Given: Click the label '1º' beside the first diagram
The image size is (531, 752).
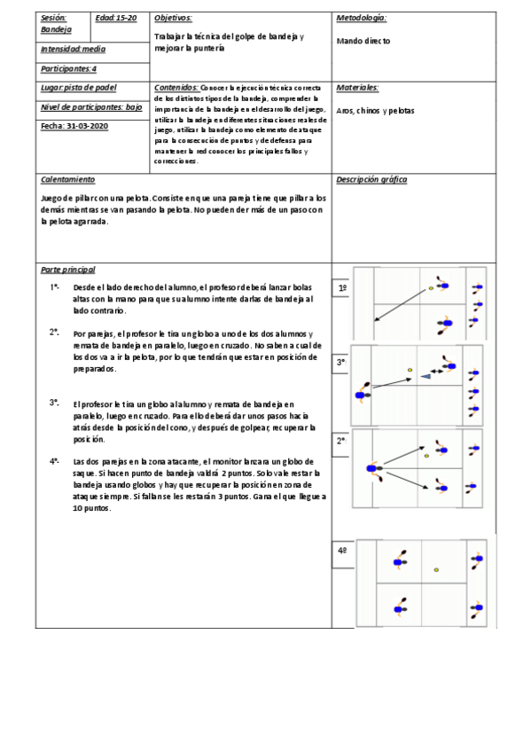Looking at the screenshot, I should click(342, 288).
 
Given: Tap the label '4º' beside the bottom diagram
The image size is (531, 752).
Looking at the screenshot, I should click(342, 551).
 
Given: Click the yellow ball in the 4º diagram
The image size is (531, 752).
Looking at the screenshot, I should click(436, 569).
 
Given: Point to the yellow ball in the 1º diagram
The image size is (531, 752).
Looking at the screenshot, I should click(432, 288).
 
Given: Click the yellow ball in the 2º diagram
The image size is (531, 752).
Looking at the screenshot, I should click(426, 456).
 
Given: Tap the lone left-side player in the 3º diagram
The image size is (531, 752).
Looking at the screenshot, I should click(362, 396).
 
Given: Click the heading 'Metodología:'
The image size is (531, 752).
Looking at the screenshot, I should click(362, 18).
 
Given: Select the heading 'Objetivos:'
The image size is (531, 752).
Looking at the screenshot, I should click(173, 18).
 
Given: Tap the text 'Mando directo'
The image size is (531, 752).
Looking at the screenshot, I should click(363, 41).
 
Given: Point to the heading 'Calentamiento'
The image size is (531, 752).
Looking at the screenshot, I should click(67, 179).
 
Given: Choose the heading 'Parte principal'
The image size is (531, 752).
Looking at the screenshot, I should click(68, 270).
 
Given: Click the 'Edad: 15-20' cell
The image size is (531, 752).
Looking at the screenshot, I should click(115, 18).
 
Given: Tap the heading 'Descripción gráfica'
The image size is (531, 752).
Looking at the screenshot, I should click(371, 179).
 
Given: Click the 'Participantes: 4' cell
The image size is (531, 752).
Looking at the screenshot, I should click(69, 67).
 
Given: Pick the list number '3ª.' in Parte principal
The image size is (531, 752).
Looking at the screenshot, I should click(55, 403).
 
